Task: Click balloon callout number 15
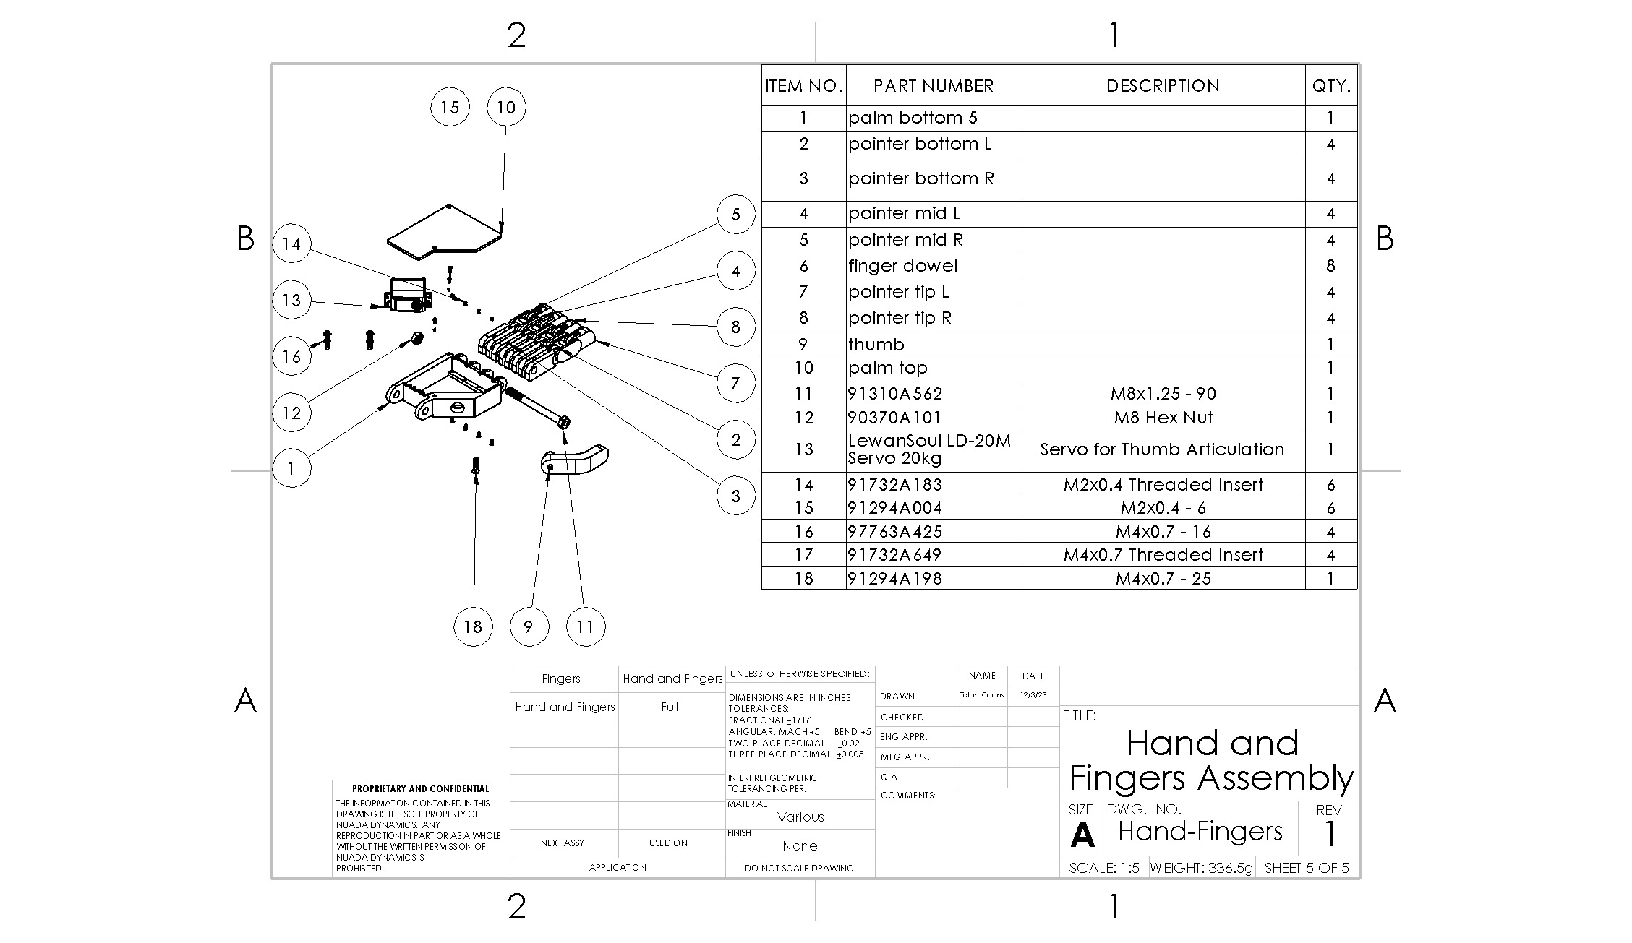(450, 107)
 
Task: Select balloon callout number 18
(473, 626)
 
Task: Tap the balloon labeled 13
(291, 300)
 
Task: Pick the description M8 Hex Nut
(1163, 417)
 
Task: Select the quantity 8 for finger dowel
(1330, 266)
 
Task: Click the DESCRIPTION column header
(1162, 86)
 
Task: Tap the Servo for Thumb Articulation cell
(1162, 449)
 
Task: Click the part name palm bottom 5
(913, 118)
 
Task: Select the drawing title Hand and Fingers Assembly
(1211, 760)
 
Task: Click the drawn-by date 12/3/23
(1033, 695)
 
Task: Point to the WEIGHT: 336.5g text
(1201, 868)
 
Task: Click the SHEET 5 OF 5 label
(1306, 868)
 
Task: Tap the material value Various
(800, 817)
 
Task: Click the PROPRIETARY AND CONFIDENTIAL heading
(420, 788)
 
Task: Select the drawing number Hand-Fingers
(1200, 831)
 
